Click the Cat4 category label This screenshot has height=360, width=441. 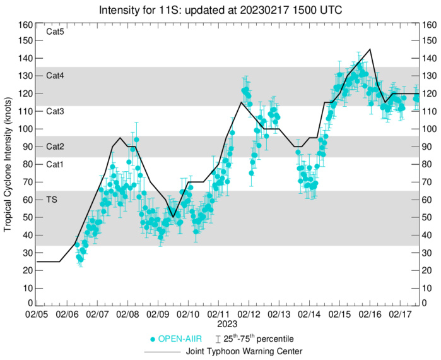[56, 76]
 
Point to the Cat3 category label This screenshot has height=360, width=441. [56, 111]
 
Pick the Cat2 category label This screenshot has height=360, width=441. [56, 147]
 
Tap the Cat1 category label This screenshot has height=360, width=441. [56, 164]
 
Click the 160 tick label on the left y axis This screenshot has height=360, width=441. [25, 25]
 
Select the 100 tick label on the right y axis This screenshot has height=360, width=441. [432, 129]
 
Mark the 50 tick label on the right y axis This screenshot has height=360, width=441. [430, 217]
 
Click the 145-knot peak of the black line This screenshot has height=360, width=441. [370, 49]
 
